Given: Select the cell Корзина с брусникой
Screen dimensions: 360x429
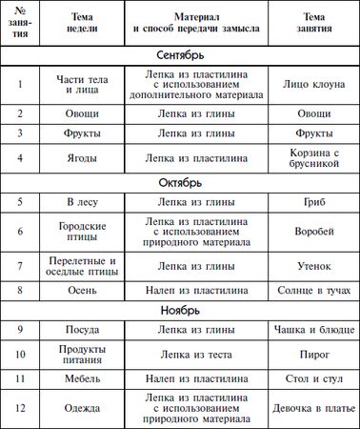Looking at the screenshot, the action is tap(313, 157).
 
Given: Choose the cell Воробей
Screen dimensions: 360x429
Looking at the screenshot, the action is tap(313, 232).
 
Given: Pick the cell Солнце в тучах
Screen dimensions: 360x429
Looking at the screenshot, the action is tap(313, 289).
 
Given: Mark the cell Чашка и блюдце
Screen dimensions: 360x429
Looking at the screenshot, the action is tap(313, 329).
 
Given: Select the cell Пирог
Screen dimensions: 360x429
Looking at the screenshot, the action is tap(313, 354).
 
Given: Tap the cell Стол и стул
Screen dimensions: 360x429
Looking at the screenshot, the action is tap(313, 379).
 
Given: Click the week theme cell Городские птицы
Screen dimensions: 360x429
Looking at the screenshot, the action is tap(85, 232).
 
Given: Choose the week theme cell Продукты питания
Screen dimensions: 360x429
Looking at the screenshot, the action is tap(85, 354).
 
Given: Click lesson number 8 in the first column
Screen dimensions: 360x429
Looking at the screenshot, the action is tap(20, 289).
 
